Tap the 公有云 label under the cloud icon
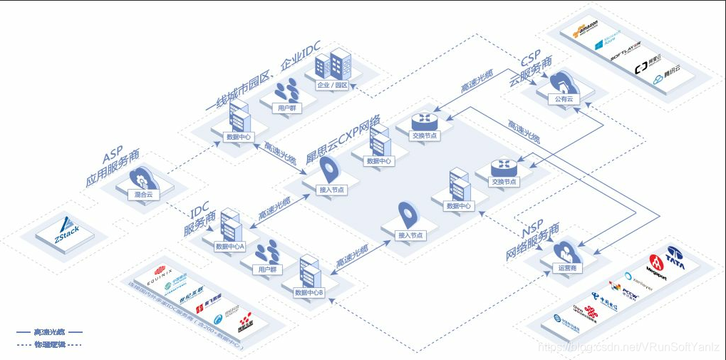click(564, 99)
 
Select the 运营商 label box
click(566, 268)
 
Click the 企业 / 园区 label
click(332, 85)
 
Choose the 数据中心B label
click(309, 292)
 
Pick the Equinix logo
click(170, 271)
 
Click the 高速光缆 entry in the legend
click(49, 331)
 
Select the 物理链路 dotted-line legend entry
click(49, 344)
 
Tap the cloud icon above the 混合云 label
click(142, 176)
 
